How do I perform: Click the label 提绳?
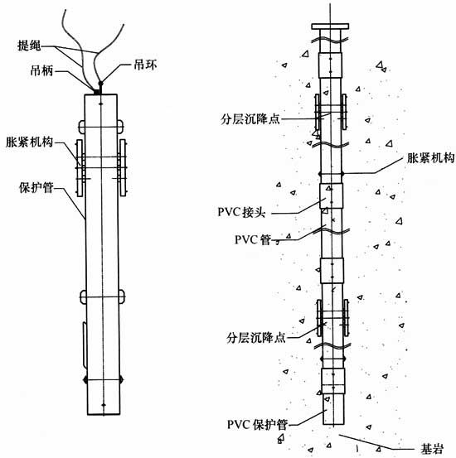click(29, 46)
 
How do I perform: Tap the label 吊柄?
click(41, 70)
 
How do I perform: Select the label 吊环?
click(145, 65)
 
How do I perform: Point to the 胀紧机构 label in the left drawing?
click(30, 142)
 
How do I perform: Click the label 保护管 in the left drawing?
click(36, 187)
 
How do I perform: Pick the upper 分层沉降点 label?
click(250, 119)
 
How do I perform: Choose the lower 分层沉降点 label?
click(256, 338)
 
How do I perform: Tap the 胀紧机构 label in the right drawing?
click(431, 158)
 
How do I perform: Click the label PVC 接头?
click(241, 212)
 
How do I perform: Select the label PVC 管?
click(253, 240)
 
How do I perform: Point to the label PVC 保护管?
click(258, 424)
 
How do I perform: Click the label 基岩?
click(432, 448)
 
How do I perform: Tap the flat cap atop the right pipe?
click(330, 27)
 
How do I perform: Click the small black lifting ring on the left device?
click(100, 84)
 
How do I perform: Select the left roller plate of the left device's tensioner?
click(80, 167)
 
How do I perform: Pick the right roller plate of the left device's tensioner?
click(122, 167)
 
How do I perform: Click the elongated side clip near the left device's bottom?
click(85, 345)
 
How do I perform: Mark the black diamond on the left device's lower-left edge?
click(85, 379)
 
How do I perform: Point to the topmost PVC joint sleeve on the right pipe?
click(330, 65)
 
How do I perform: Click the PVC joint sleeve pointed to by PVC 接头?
click(331, 195)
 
